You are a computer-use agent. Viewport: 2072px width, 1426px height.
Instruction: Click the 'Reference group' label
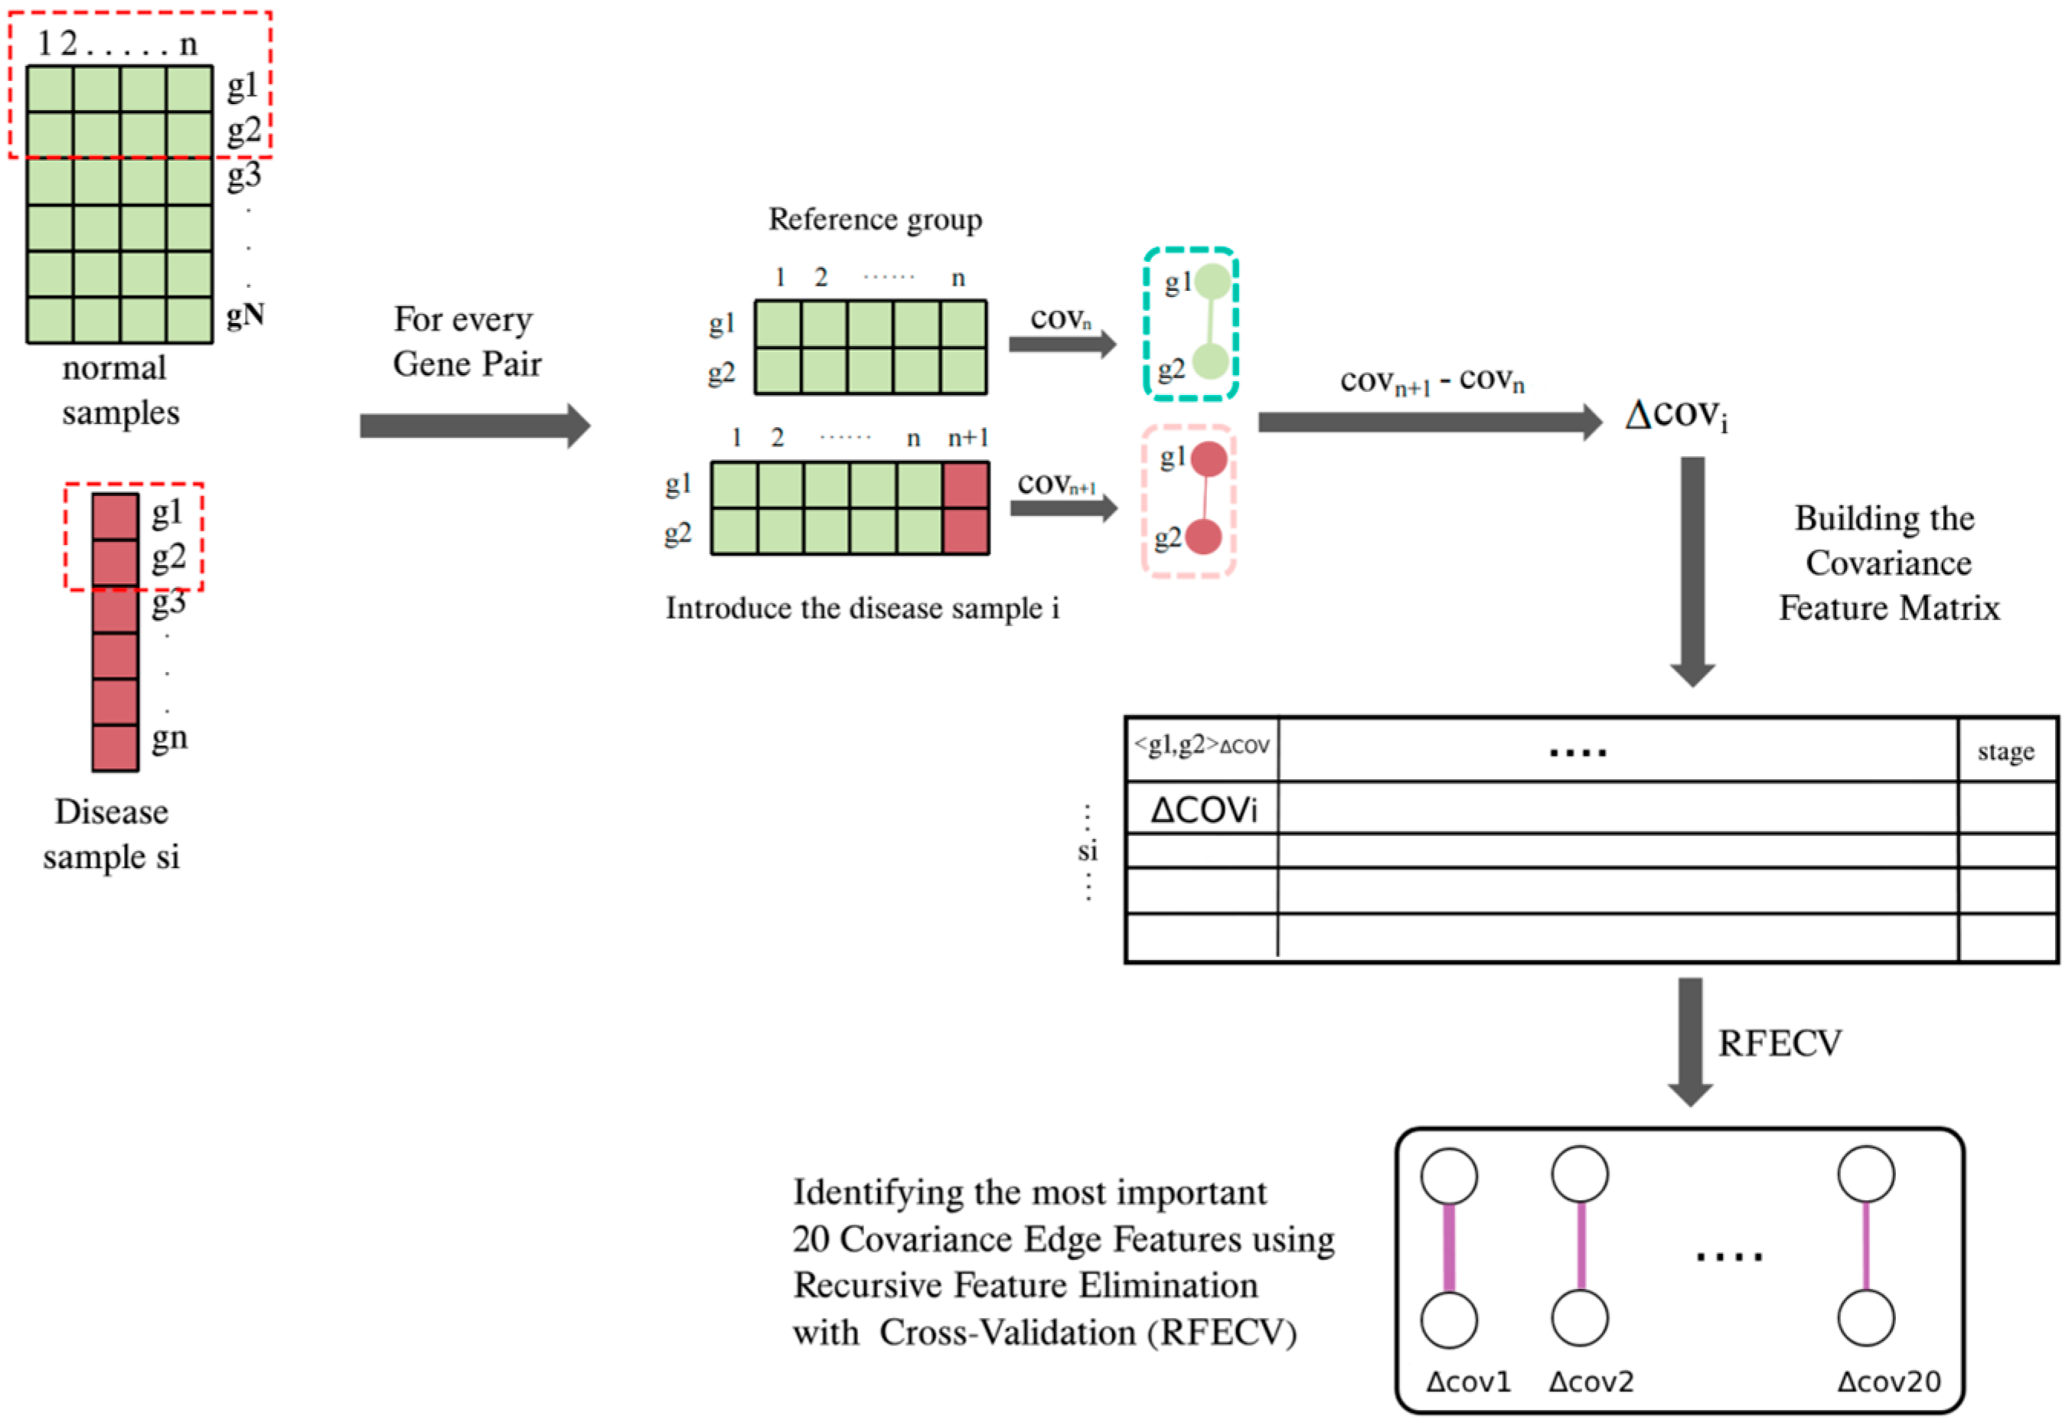(875, 219)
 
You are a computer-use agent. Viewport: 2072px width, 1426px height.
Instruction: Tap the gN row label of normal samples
(244, 315)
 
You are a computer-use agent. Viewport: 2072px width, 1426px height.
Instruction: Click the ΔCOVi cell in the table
(1202, 811)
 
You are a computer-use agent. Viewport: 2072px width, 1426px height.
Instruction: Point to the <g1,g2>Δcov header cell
(1201, 746)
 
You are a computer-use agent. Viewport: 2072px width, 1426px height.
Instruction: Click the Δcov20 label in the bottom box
(1888, 1382)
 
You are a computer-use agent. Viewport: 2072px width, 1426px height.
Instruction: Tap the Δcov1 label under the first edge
(1467, 1382)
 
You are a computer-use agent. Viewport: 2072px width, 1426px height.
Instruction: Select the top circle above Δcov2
(1580, 1174)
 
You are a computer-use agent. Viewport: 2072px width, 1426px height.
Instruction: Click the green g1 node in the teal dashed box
(1212, 282)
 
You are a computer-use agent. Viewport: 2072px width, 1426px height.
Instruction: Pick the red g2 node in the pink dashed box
(1202, 537)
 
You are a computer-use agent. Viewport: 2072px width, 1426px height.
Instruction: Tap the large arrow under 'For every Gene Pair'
(475, 426)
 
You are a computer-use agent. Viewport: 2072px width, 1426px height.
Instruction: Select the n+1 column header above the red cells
(967, 438)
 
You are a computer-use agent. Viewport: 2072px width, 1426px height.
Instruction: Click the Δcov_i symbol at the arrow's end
(1676, 415)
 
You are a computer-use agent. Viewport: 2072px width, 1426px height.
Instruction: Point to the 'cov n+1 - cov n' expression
(1431, 381)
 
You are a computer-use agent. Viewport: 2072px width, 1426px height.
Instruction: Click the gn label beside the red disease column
(169, 739)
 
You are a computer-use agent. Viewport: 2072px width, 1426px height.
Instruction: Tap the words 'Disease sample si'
(112, 834)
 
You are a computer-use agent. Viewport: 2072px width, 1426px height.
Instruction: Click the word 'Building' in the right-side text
(1841, 518)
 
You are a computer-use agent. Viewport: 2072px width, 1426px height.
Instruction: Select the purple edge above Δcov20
(1865, 1246)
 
